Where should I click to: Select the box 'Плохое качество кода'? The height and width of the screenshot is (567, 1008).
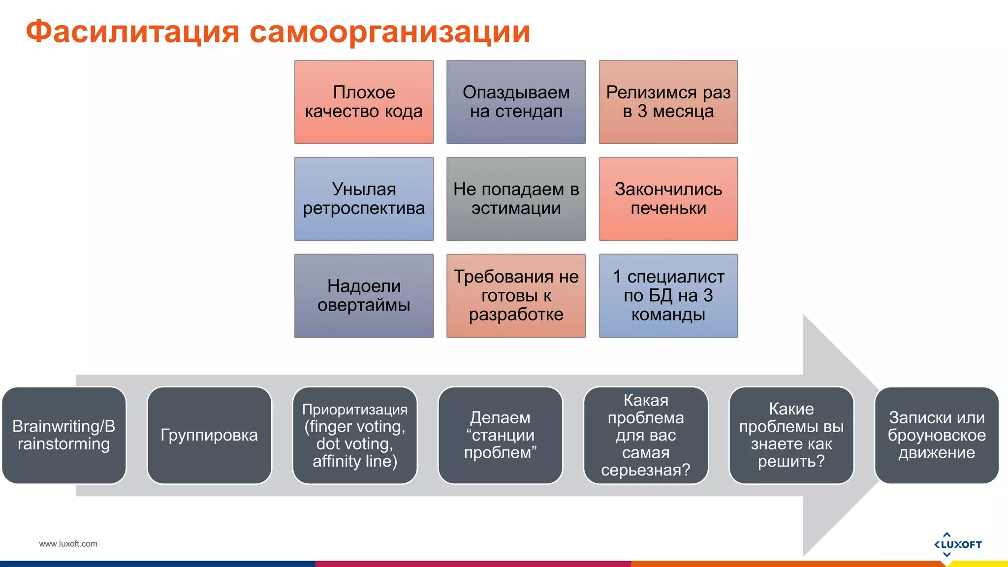364,102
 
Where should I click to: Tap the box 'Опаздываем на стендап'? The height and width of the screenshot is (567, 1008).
516,102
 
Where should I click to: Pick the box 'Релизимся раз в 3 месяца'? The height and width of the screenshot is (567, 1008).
668,102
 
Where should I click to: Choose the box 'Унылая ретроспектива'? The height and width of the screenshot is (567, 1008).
364,199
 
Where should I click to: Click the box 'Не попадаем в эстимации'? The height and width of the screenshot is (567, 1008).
516,199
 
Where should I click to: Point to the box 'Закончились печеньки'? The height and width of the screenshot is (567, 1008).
668,199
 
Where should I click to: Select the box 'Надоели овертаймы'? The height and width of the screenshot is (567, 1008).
364,295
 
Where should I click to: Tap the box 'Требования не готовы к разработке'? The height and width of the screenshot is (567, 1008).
516,295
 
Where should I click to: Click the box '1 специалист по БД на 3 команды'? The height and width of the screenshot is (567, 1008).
668,295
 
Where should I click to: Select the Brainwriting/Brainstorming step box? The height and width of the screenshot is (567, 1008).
64,435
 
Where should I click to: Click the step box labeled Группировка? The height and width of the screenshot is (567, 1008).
209,435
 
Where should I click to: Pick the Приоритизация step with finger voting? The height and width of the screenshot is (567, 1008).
355,435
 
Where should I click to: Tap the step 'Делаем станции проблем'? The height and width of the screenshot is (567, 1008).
500,435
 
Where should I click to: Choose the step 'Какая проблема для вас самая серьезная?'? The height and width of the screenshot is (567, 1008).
646,435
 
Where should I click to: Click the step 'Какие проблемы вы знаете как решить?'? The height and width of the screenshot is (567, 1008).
791,435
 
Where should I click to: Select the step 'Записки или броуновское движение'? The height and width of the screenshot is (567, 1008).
937,435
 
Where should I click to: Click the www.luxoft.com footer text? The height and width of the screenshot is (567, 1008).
68,544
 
